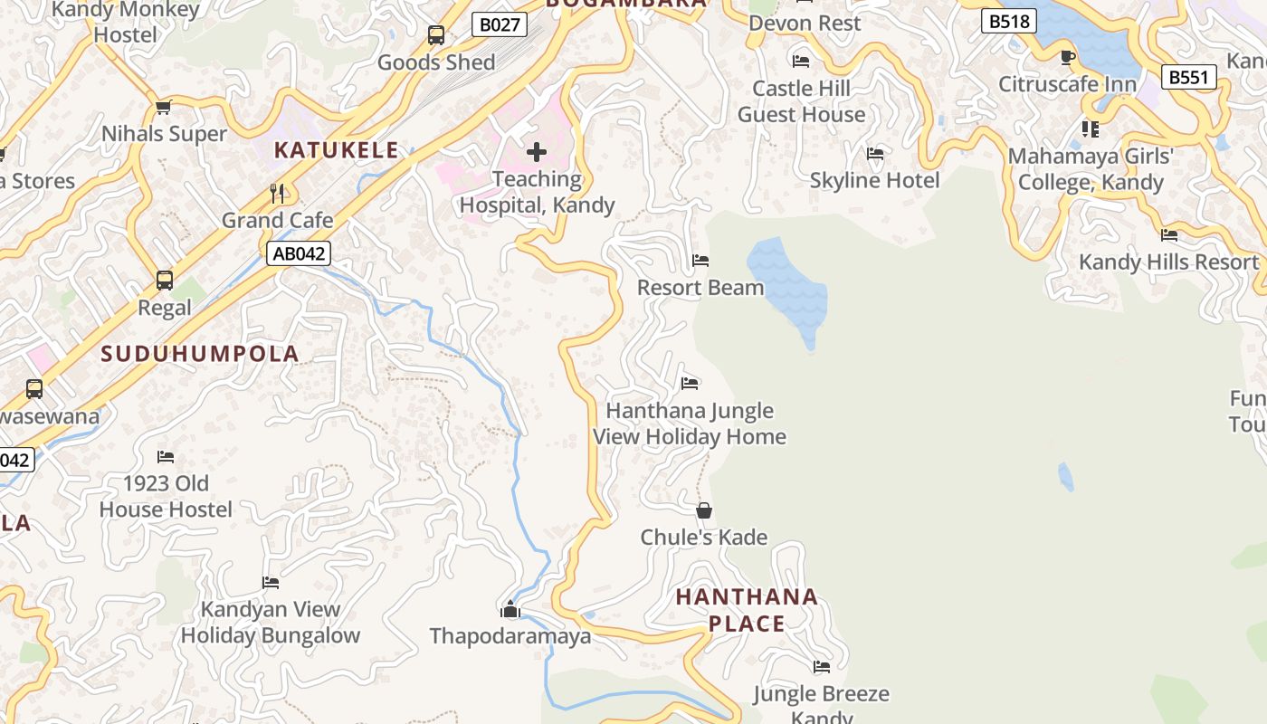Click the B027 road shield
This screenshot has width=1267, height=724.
click(x=500, y=24)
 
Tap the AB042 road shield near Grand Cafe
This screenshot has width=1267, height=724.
click(x=299, y=253)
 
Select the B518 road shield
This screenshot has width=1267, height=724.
click(x=1008, y=21)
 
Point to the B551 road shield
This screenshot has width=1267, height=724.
click(x=1188, y=78)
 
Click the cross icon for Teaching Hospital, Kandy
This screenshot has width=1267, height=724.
click(x=537, y=152)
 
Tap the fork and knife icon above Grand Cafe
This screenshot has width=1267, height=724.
click(x=278, y=193)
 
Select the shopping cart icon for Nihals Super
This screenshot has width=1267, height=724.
click(x=163, y=108)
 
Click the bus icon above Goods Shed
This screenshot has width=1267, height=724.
click(x=436, y=35)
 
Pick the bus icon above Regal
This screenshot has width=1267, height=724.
click(x=165, y=281)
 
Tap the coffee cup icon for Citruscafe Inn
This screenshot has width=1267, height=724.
click(x=1068, y=58)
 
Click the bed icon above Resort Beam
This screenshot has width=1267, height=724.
click(x=700, y=261)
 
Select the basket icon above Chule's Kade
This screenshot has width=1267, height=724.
click(x=704, y=510)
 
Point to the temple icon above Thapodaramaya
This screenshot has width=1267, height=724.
click(x=510, y=609)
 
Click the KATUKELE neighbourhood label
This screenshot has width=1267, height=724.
click(x=336, y=150)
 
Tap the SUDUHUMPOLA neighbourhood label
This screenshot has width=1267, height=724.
click(x=200, y=354)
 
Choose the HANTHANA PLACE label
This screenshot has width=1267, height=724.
click(x=747, y=610)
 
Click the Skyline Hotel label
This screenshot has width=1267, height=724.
click(x=874, y=180)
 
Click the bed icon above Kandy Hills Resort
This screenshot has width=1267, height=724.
click(x=1169, y=235)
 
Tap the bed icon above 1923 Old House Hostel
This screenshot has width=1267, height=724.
click(x=166, y=457)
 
